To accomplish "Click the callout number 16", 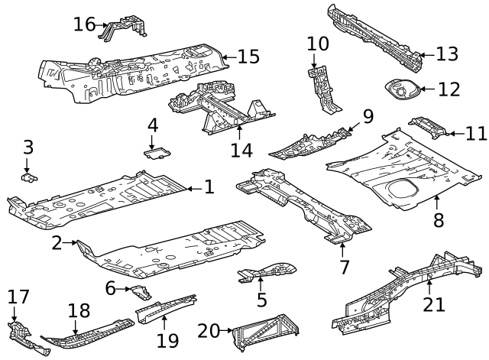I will [x=84, y=24].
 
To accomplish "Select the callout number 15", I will [x=248, y=57].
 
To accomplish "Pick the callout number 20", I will [x=209, y=331].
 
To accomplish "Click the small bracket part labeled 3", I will [x=28, y=177].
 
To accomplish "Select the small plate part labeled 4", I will [x=157, y=152].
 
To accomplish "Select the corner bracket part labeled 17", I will [x=23, y=333].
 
